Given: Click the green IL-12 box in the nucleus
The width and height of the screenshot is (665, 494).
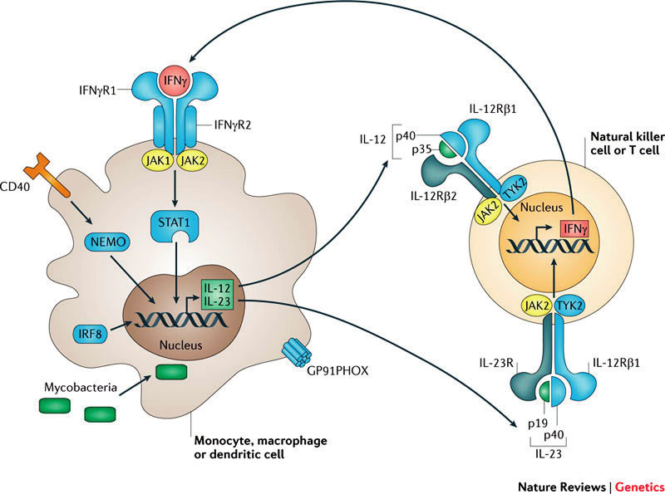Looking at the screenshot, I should pyautogui.click(x=218, y=286).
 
